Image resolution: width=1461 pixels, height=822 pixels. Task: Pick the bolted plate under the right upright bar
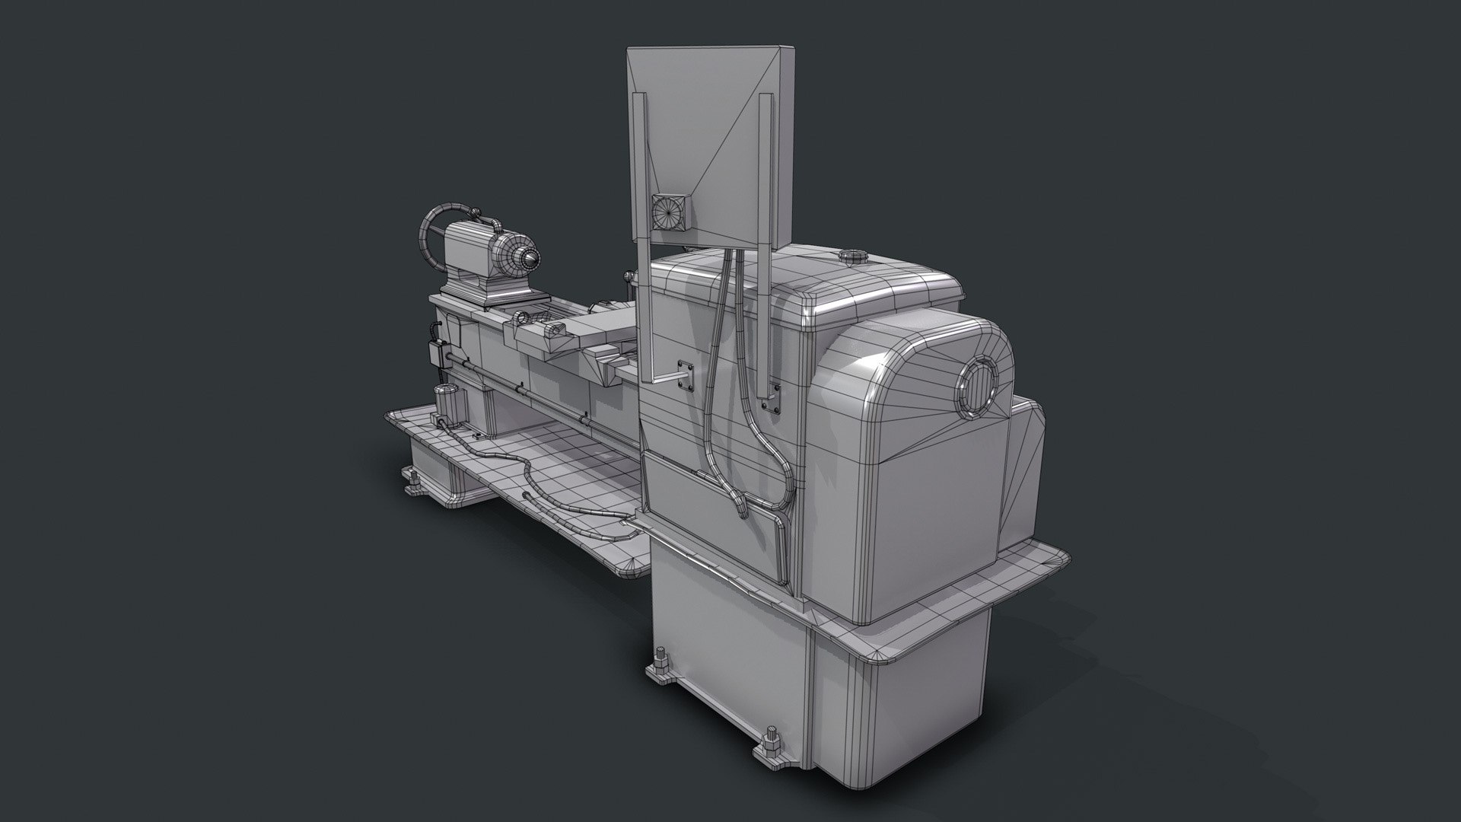[772, 400]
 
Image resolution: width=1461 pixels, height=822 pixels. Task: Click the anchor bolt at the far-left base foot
[413, 480]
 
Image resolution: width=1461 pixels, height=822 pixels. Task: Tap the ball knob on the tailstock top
[475, 214]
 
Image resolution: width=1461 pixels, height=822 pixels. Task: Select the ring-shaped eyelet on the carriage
[521, 317]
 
